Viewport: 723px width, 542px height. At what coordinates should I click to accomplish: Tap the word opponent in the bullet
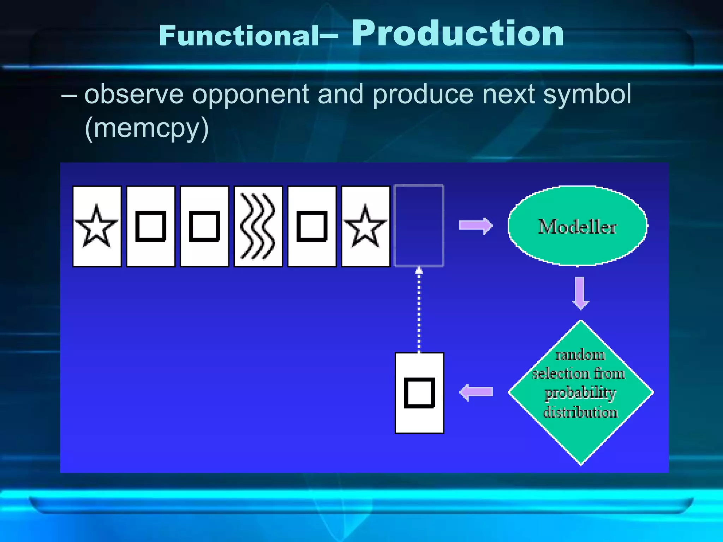(x=251, y=94)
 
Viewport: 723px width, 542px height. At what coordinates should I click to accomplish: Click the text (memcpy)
(x=147, y=128)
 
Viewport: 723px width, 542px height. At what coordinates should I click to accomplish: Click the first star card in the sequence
(x=97, y=226)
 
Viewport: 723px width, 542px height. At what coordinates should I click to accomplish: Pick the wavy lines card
(x=258, y=226)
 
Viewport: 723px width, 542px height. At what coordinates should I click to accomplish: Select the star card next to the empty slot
(x=366, y=226)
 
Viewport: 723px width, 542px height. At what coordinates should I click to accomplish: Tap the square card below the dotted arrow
(x=419, y=393)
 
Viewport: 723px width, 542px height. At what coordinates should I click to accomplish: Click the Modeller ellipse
(x=577, y=226)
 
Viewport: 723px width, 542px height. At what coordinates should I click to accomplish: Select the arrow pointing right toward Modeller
(x=476, y=226)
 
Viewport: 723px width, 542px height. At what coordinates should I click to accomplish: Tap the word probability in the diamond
(x=580, y=393)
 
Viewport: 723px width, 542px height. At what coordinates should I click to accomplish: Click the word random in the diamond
(x=580, y=355)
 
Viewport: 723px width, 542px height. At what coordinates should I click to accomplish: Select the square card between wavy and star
(x=312, y=226)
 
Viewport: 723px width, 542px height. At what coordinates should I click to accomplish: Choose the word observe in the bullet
(x=134, y=94)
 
